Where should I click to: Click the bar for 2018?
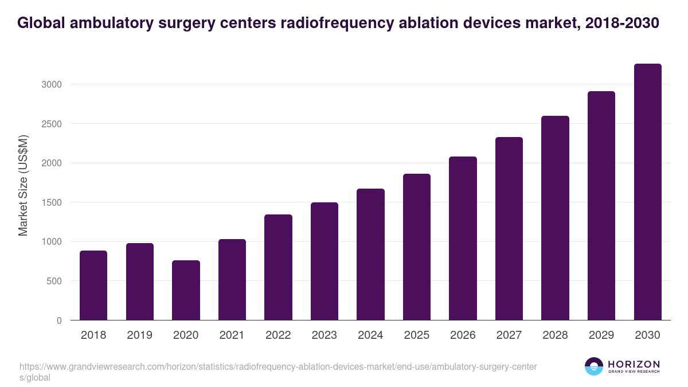pos(93,286)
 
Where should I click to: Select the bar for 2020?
pos(186,290)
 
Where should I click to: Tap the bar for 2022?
pos(278,267)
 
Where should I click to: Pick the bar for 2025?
pos(416,247)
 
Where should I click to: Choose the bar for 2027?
pos(509,229)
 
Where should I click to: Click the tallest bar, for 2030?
pos(647,192)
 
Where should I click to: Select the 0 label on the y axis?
pos(58,320)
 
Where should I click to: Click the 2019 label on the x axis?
pos(140,335)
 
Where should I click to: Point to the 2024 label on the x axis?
pos(370,335)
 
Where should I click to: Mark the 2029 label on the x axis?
pos(601,335)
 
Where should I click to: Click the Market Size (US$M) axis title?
pos(23,185)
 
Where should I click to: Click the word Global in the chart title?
pos(40,23)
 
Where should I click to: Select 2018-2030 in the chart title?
pos(623,23)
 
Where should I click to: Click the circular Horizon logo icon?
pos(594,366)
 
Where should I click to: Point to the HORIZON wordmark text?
pos(634,364)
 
